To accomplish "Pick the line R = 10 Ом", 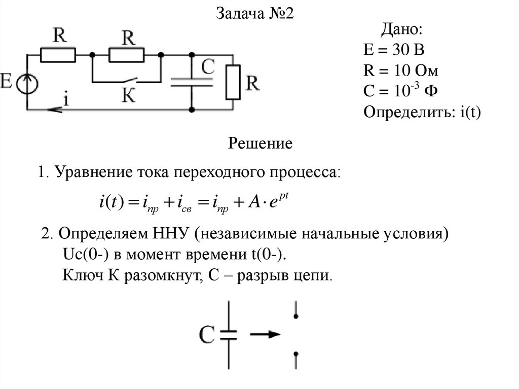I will pyautogui.click(x=401, y=70).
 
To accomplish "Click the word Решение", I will pyautogui.click(x=261, y=144).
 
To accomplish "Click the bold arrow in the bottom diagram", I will pyautogui.click(x=265, y=335).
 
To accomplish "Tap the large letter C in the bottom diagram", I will pyautogui.click(x=208, y=335).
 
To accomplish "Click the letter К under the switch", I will pyautogui.click(x=129, y=96).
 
